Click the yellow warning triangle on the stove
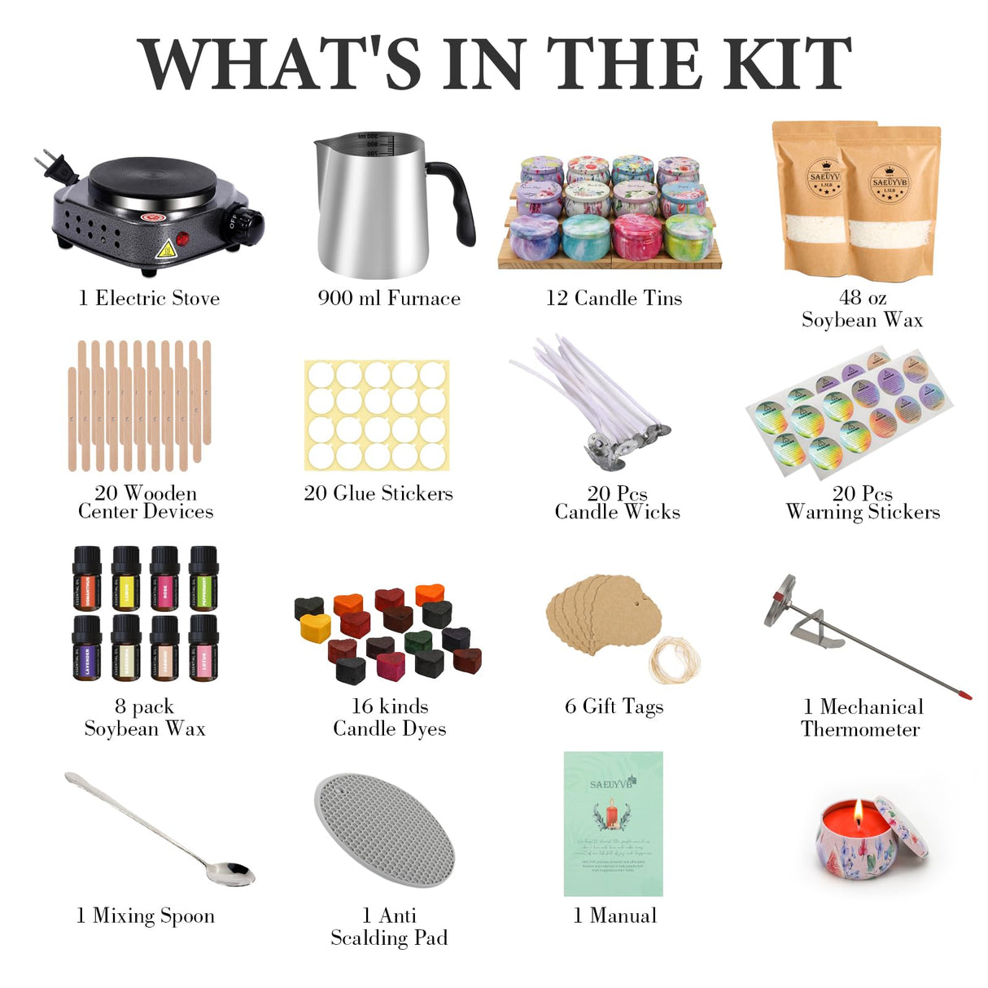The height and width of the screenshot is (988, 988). click(166, 248)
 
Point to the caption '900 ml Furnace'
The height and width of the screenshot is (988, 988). click(389, 299)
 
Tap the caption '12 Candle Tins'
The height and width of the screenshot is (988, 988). click(614, 299)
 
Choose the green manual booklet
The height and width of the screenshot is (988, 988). click(613, 824)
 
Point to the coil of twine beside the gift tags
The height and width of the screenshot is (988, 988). click(675, 659)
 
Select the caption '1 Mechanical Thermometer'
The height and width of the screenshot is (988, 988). click(862, 717)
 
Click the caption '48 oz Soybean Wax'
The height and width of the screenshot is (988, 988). click(862, 309)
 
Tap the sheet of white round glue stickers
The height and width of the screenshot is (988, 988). click(377, 416)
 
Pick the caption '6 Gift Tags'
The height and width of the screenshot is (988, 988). click(614, 706)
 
